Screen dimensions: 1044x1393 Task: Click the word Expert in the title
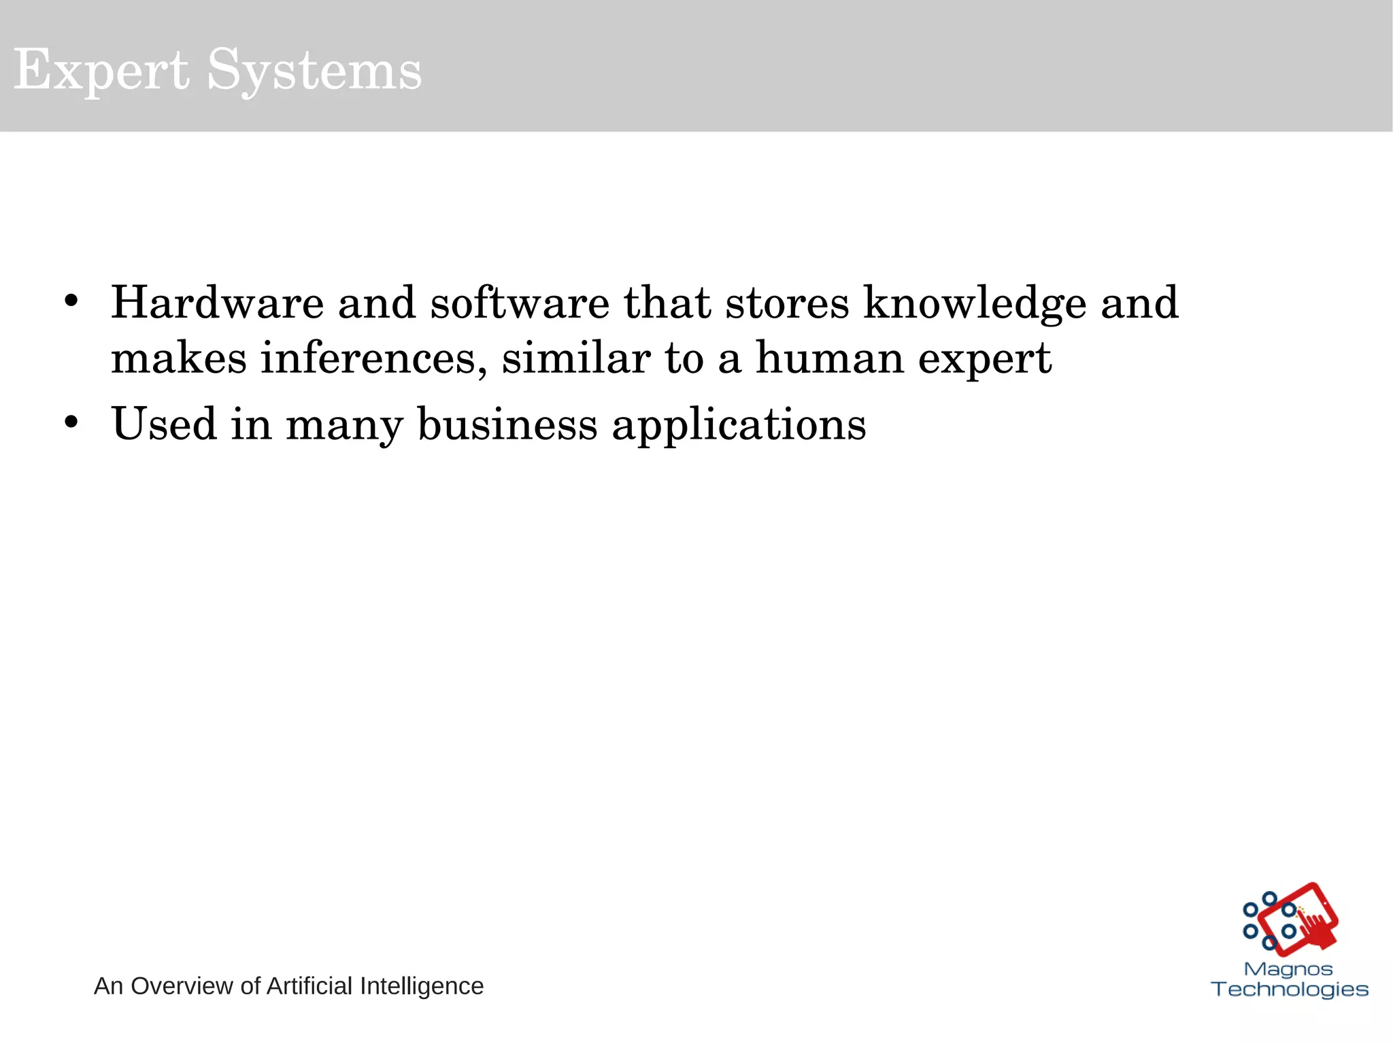pyautogui.click(x=101, y=70)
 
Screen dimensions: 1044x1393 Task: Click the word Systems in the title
pyautogui.click(x=314, y=70)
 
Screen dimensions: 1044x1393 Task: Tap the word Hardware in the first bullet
pyautogui.click(x=217, y=303)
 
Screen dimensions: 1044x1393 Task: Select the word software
pyautogui.click(x=520, y=303)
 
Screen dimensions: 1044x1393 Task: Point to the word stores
pyautogui.click(x=787, y=303)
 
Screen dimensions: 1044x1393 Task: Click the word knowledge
pyautogui.click(x=975, y=304)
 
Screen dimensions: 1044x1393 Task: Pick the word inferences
pyautogui.click(x=373, y=358)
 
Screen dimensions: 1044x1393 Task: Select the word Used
pyautogui.click(x=164, y=424)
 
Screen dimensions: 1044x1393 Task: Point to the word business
pyautogui.click(x=507, y=424)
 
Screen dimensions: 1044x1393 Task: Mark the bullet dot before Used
pyautogui.click(x=71, y=422)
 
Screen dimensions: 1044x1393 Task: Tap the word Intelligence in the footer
pyautogui.click(x=421, y=986)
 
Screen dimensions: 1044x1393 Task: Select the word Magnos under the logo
pyautogui.click(x=1288, y=969)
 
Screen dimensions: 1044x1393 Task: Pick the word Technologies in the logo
pyautogui.click(x=1290, y=989)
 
